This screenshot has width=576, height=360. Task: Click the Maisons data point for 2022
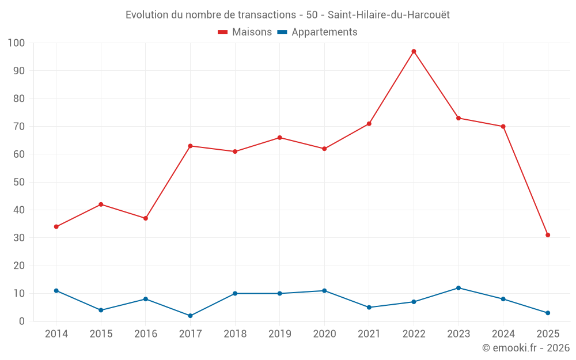pos(414,51)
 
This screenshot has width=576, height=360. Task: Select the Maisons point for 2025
pos(548,235)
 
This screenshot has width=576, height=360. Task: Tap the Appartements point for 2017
pos(190,316)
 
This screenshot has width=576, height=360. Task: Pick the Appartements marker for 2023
pos(458,288)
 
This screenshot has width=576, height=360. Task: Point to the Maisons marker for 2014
pos(56,227)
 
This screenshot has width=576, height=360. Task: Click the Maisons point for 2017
pos(190,146)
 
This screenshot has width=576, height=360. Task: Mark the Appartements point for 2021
pos(369,308)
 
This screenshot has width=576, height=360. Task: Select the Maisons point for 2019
pos(279,138)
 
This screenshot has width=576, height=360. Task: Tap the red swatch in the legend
pos(223,32)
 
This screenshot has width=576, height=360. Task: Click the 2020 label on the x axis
pos(324,334)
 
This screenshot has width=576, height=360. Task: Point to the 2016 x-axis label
pos(146,334)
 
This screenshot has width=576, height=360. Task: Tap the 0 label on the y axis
pos(22,321)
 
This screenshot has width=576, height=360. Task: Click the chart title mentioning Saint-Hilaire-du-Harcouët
pos(287,14)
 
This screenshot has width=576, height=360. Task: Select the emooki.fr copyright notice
pos(525,348)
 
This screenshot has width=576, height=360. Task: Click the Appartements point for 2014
pos(56,291)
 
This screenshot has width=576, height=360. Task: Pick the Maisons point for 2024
pos(503,127)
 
